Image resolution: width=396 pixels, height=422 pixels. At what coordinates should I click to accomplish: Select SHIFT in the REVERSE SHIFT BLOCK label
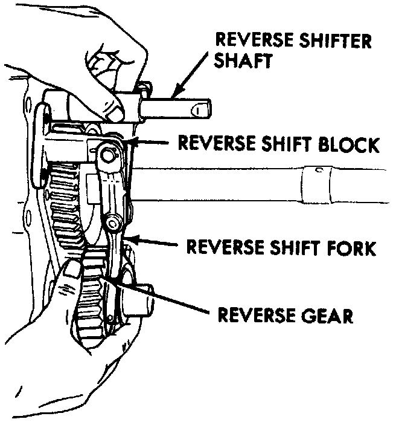[278, 144]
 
